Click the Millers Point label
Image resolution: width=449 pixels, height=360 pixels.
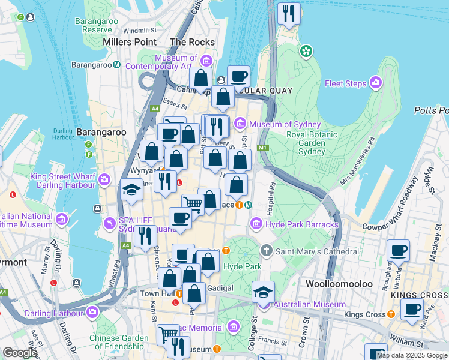pyautogui.click(x=130, y=42)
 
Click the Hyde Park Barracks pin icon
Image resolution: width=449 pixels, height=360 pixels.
pyautogui.click(x=256, y=224)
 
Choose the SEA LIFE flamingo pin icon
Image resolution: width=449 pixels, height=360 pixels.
pyautogui.click(x=109, y=224)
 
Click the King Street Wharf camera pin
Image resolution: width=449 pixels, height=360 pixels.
pyautogui.click(x=104, y=179)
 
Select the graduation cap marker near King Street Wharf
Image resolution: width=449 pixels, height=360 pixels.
pyautogui.click(x=131, y=191)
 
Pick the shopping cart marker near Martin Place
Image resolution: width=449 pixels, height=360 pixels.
pyautogui.click(x=193, y=204)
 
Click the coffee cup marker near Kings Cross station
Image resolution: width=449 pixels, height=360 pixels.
pyautogui.click(x=412, y=310)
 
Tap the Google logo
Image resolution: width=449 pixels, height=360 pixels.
pyautogui.click(x=20, y=353)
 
